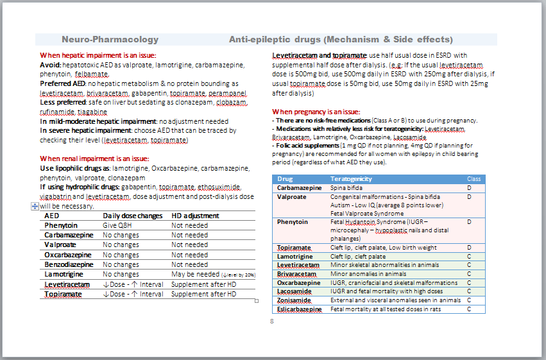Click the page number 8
pos(272,321)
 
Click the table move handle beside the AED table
pos(35,207)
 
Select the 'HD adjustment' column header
pos(195,216)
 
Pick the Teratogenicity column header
pos(351,178)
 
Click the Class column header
pos(473,178)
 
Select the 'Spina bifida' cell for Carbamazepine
pos(347,188)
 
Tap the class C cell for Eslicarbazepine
pos(470,309)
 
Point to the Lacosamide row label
pos(295,291)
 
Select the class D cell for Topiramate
pos(470,248)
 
